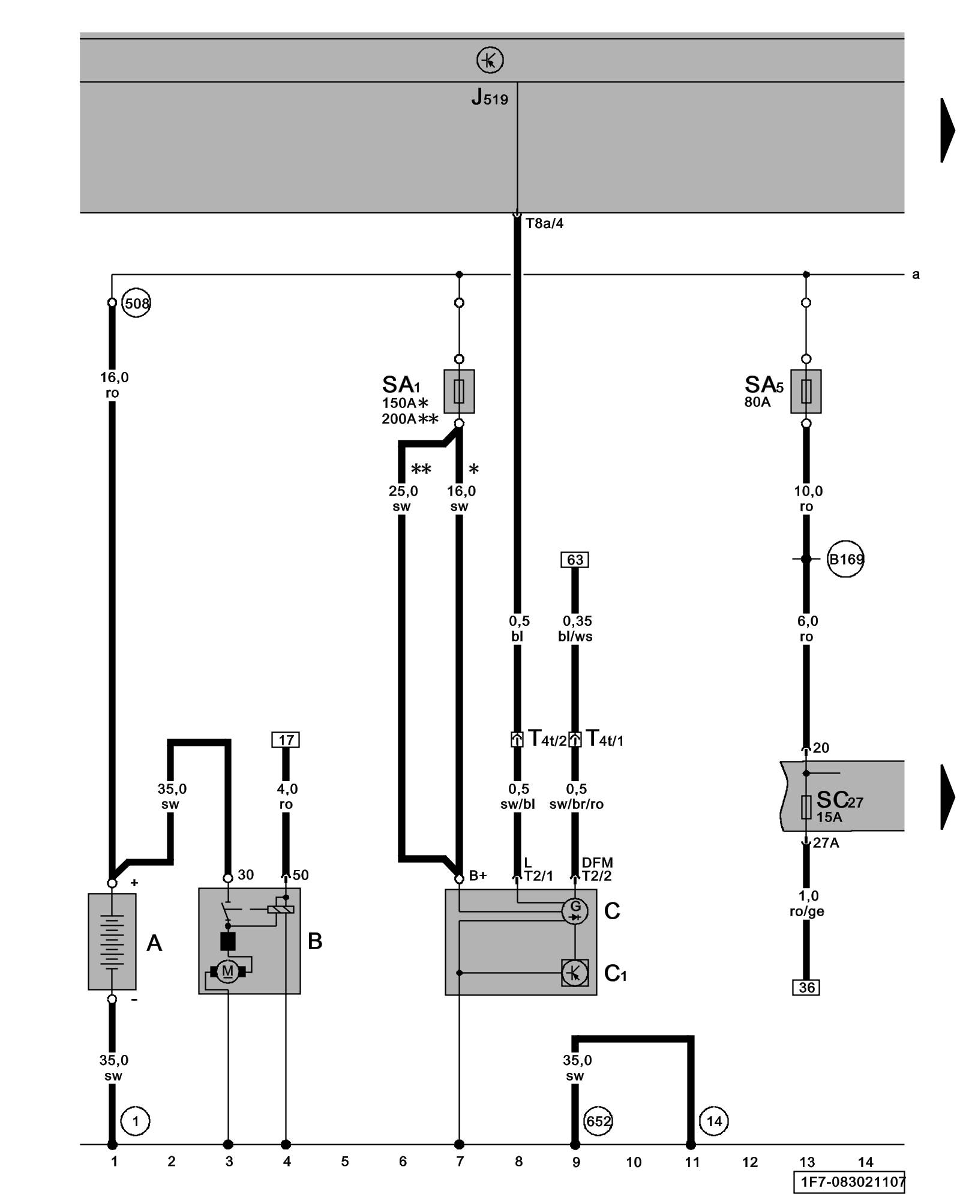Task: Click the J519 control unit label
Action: point(490,97)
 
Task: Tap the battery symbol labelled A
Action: point(112,941)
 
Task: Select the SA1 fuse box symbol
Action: point(459,391)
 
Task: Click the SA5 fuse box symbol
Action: point(806,391)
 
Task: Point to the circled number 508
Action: point(137,304)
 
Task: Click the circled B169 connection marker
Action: point(845,559)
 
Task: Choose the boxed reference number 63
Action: point(575,560)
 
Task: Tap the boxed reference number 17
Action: point(286,740)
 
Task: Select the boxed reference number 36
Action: point(806,988)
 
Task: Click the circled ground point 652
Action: point(598,1121)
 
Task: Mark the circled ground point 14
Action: point(714,1121)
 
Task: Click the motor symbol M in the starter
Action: point(227,971)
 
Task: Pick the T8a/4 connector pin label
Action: point(544,224)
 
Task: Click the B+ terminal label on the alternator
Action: point(478,876)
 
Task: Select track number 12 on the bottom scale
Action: point(750,1162)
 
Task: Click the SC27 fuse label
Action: point(839,800)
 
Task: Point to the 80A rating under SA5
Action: point(757,402)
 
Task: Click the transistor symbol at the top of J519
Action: point(490,61)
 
